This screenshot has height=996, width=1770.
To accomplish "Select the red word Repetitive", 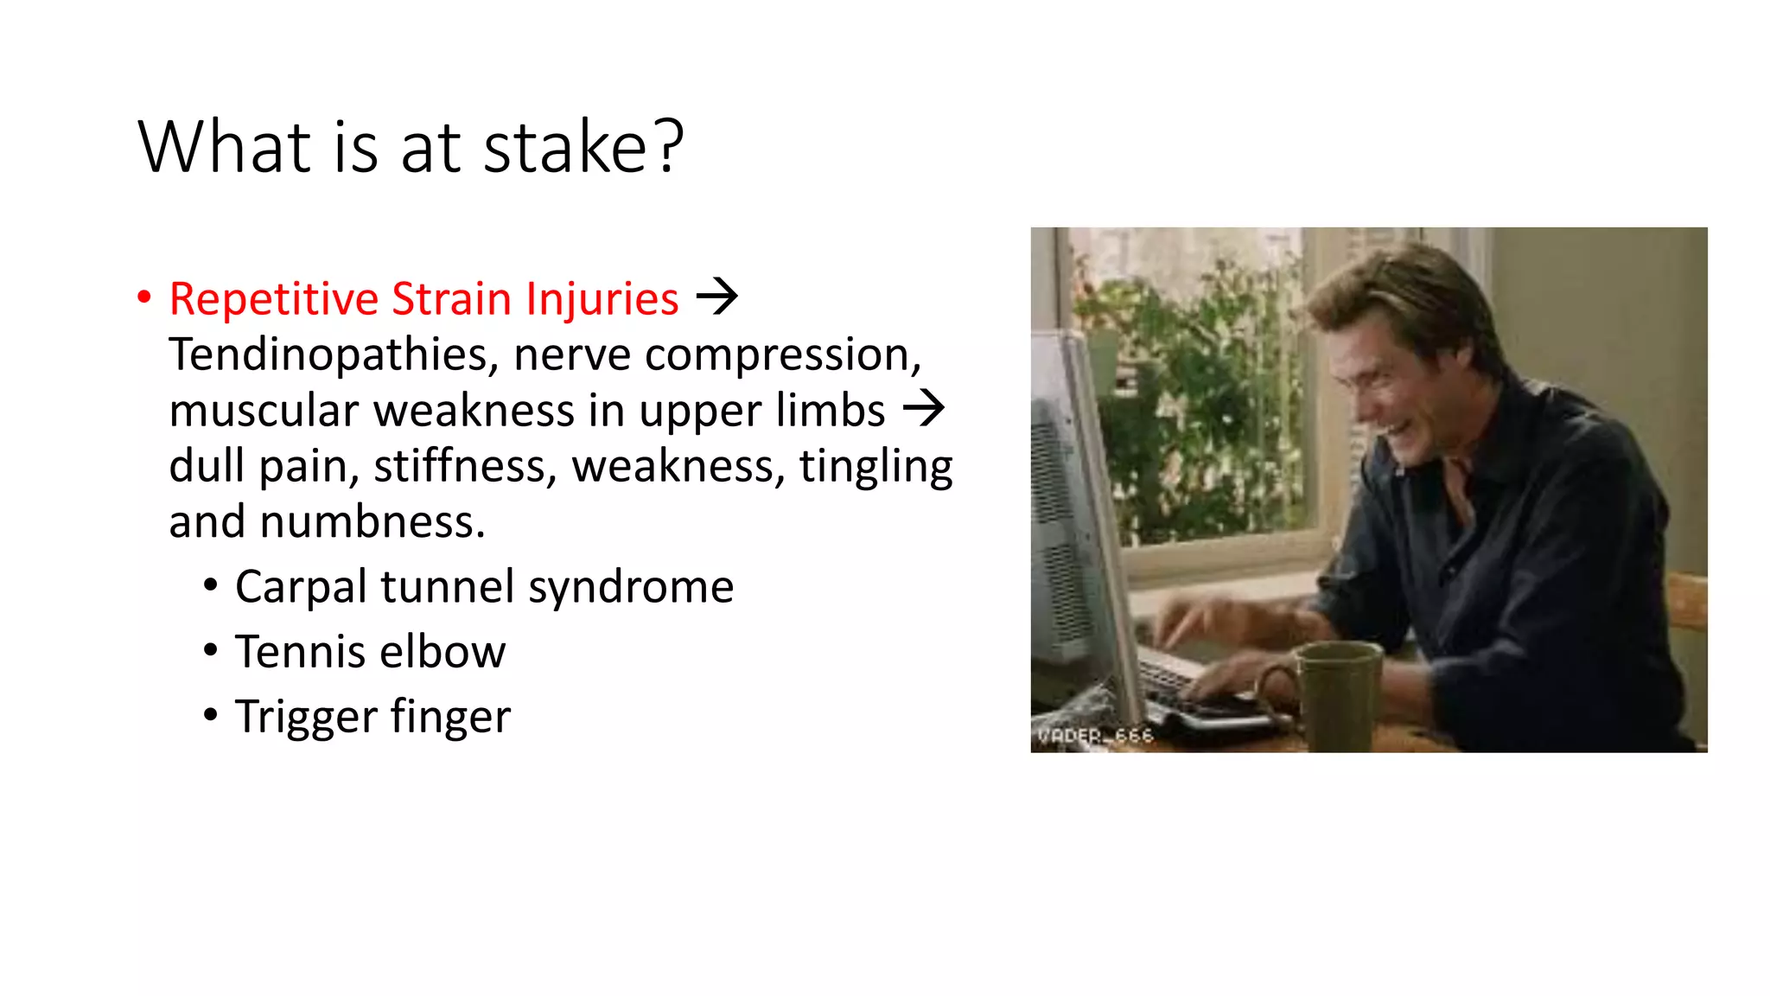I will (274, 300).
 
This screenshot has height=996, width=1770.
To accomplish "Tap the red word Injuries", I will (602, 300).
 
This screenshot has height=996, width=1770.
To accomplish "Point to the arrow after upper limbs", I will (924, 408).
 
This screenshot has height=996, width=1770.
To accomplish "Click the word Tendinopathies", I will (334, 355).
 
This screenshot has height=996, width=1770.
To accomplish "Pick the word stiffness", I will (465, 467).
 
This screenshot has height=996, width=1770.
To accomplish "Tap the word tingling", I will (875, 467).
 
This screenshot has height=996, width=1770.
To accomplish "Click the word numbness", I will (372, 522).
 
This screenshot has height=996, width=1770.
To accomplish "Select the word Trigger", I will (306, 717).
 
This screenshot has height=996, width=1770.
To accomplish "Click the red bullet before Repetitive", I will (144, 298).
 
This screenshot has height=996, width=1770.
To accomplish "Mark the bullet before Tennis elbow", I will (211, 650).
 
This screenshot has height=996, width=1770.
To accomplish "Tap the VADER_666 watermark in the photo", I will (1095, 736).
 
